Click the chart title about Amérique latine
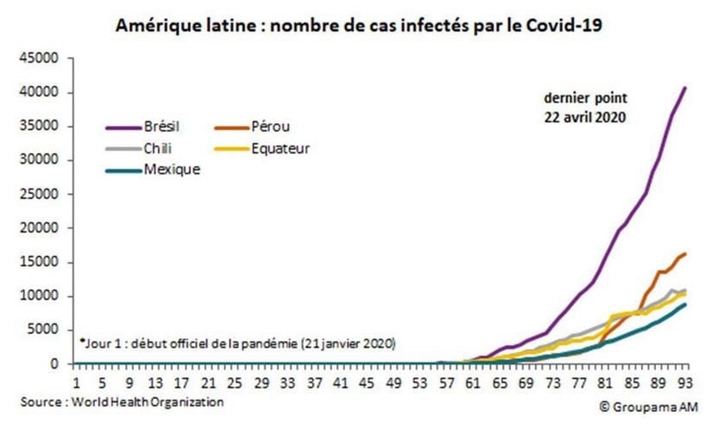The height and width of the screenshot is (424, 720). point(359,25)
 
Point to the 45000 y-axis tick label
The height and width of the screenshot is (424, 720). point(41,58)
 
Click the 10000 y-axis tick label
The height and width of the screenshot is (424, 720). point(41,296)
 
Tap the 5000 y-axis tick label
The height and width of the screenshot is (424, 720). point(44,330)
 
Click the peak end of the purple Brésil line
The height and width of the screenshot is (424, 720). point(685,87)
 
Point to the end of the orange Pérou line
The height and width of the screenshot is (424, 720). point(685,254)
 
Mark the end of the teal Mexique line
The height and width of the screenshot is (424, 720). point(685,304)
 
